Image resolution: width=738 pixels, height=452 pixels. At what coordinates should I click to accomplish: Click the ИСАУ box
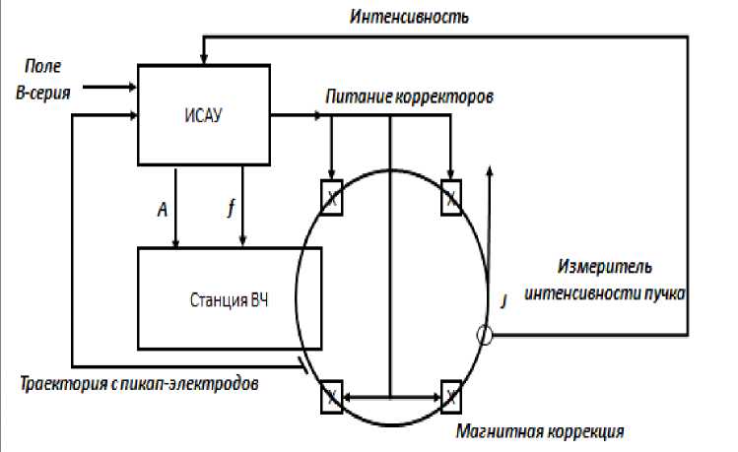click(203, 114)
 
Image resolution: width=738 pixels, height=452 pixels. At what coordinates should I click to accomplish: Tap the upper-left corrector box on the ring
click(331, 197)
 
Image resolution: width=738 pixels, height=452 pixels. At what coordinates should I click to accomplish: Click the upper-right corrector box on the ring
click(451, 197)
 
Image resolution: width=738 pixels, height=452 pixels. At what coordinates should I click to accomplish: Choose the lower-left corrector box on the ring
click(331, 397)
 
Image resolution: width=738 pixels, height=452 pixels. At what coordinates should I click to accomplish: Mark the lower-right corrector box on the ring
click(451, 397)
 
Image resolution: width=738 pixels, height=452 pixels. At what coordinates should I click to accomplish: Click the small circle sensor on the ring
click(485, 336)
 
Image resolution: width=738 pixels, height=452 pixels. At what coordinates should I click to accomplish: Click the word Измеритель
click(603, 267)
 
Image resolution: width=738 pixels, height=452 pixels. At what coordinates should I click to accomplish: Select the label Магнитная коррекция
click(540, 431)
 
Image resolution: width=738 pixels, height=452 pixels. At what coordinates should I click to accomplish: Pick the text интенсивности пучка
click(604, 292)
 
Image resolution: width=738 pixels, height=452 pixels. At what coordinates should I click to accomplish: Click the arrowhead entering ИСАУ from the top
click(203, 59)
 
